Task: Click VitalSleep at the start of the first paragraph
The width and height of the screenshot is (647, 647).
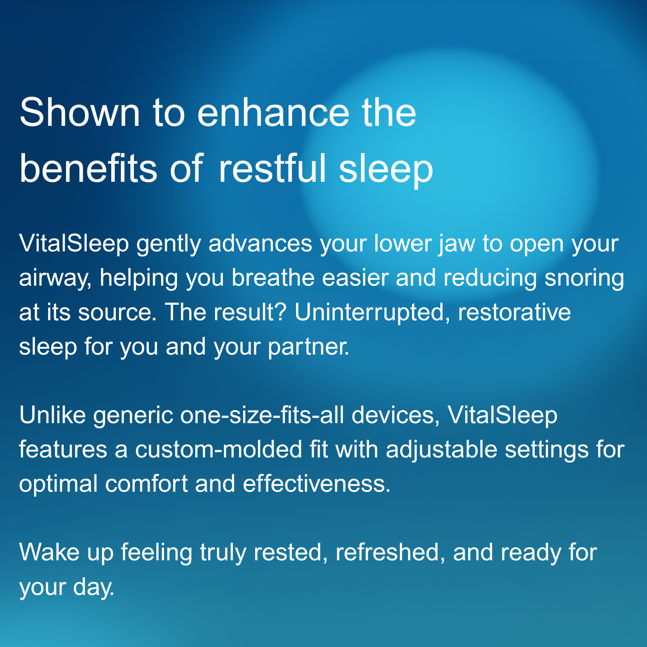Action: (x=74, y=244)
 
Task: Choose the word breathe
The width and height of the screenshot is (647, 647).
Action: (x=273, y=278)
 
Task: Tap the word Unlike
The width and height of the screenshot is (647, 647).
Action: (x=53, y=415)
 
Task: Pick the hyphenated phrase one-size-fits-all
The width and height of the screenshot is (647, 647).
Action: (x=262, y=415)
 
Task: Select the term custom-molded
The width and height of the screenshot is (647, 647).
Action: (x=219, y=449)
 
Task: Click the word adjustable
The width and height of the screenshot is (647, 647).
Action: (x=441, y=450)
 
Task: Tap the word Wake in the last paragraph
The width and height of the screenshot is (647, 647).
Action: (x=49, y=552)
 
